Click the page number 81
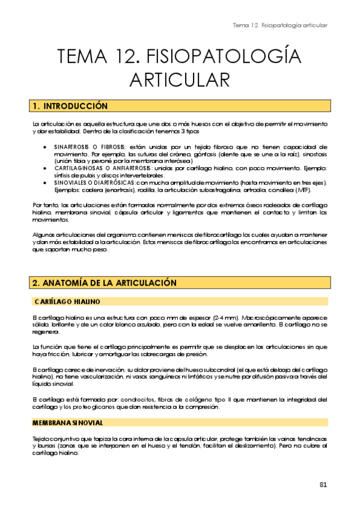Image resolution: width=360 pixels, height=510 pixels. (323, 485)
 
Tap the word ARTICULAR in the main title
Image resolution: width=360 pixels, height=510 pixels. (179, 81)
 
